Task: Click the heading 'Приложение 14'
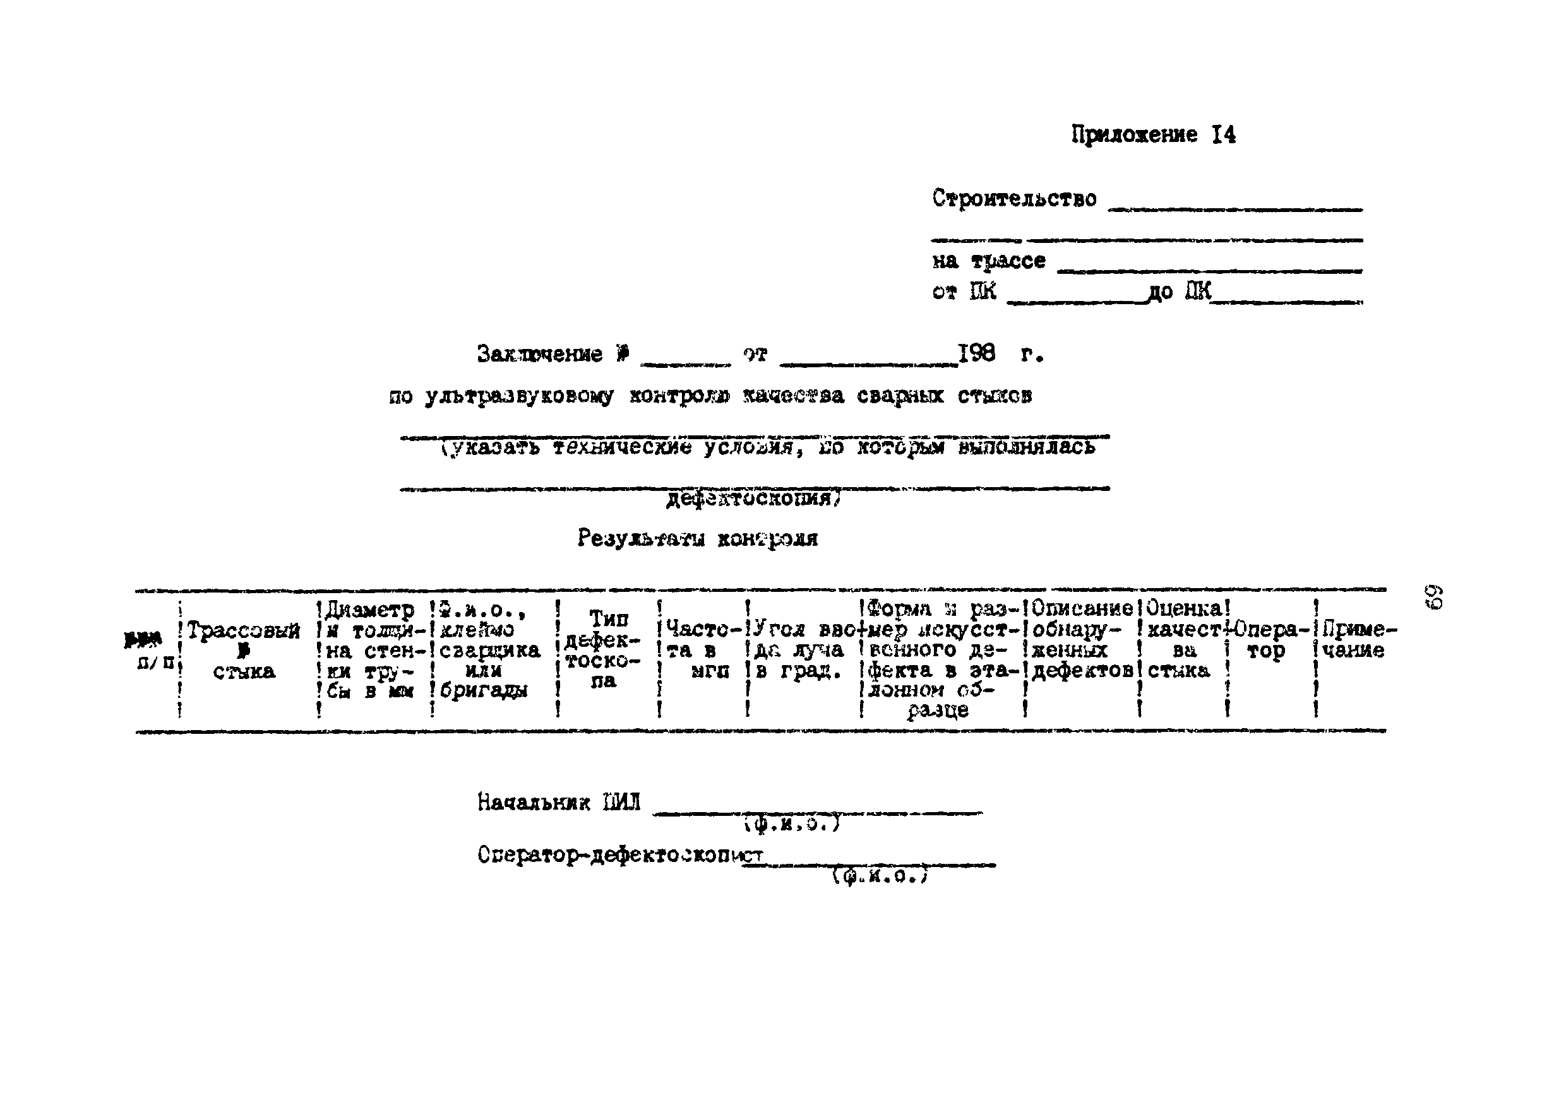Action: pos(1152,134)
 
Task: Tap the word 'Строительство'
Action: pos(1014,198)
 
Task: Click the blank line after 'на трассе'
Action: pos(1209,271)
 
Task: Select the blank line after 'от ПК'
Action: pos(1078,302)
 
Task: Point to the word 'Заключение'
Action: pos(539,354)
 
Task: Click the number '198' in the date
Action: pos(976,353)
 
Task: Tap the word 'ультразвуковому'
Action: pos(518,396)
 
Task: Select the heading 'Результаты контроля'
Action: pos(697,538)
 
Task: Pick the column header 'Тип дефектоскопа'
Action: pos(604,649)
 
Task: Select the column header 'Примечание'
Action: pos(1357,640)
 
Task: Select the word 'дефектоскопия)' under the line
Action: pos(754,500)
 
